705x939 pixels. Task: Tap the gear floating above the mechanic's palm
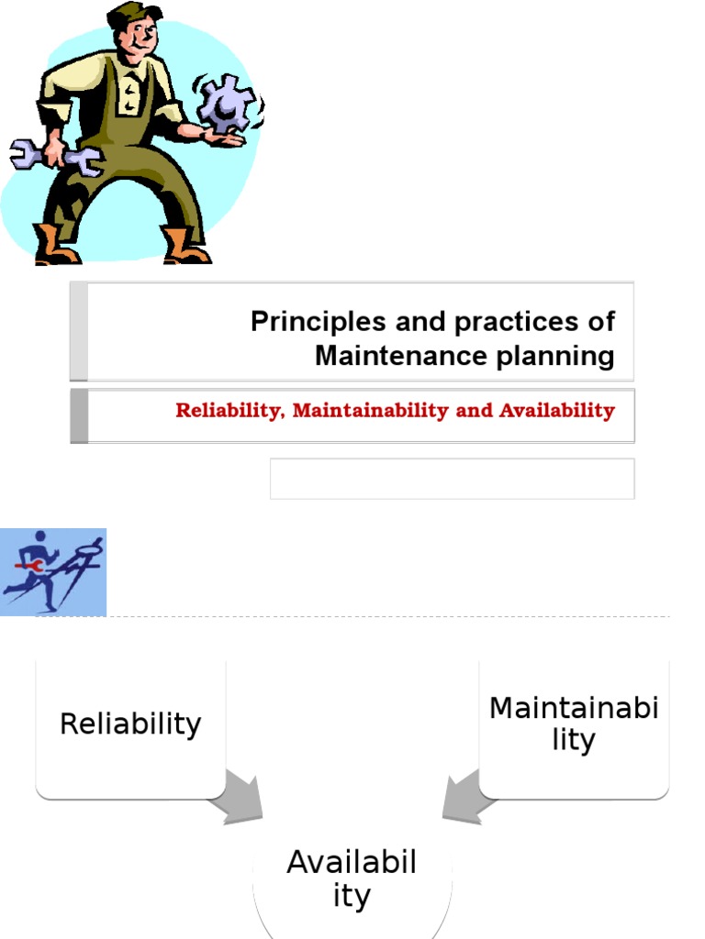click(x=225, y=103)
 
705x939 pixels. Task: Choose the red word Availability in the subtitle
click(x=556, y=411)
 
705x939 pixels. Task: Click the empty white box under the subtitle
click(x=452, y=479)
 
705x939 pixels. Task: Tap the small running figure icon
click(x=53, y=571)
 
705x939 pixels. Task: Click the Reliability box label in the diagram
click(x=129, y=724)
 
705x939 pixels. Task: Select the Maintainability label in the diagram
click(x=574, y=724)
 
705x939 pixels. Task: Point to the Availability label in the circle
click(x=352, y=878)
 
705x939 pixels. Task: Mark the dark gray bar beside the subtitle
click(x=79, y=415)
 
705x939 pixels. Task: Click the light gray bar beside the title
click(x=79, y=331)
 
